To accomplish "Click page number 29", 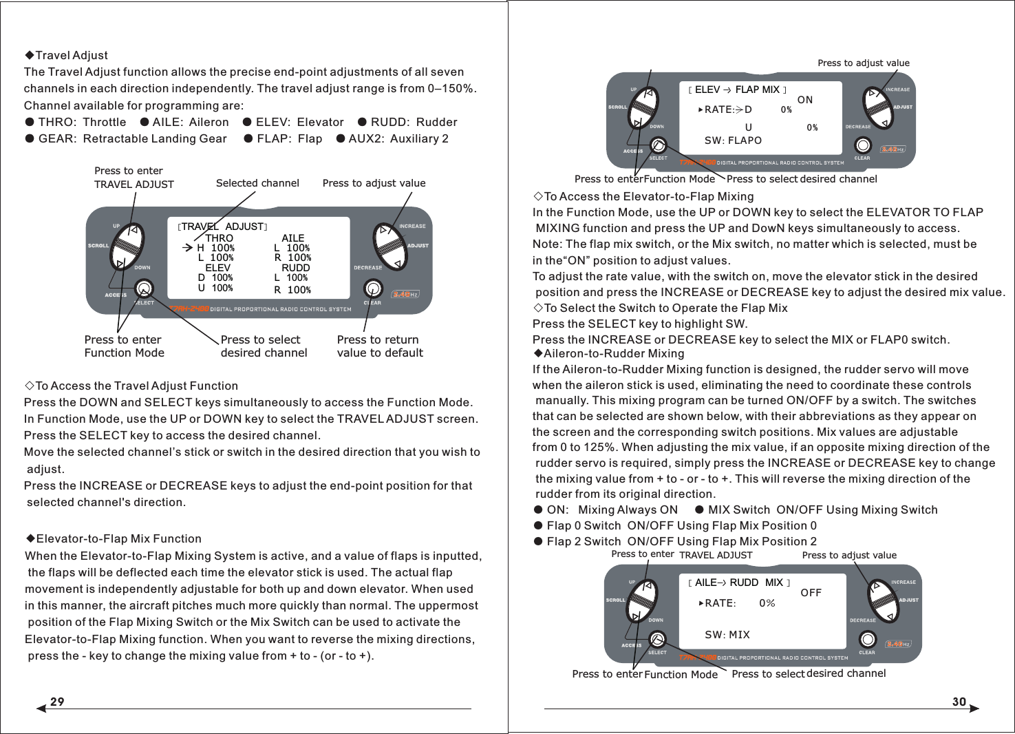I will coord(57,702).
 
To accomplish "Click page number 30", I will coord(959,702).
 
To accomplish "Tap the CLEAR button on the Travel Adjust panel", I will coord(372,288).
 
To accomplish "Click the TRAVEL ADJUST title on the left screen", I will coord(222,227).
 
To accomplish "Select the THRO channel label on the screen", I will coord(219,238).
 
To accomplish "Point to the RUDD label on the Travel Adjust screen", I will coord(295,268).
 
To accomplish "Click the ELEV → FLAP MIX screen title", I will coord(737,90).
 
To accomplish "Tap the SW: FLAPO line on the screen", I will coord(733,140).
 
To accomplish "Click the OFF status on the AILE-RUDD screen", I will coord(811,593).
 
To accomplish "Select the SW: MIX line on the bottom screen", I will coord(727,635).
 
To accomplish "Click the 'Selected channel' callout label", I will coord(257,183).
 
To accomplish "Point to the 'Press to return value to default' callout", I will coord(380,346).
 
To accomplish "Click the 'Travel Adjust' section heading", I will coord(67,56).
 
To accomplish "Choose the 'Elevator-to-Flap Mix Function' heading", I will coord(114,539).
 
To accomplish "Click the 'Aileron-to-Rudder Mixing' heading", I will coord(609,354).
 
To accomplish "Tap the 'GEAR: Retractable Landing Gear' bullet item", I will coord(126,139).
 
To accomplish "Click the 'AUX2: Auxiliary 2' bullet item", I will coord(392,139).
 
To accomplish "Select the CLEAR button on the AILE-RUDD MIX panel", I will coord(867,639).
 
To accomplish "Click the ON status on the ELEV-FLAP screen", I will coord(804,101).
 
